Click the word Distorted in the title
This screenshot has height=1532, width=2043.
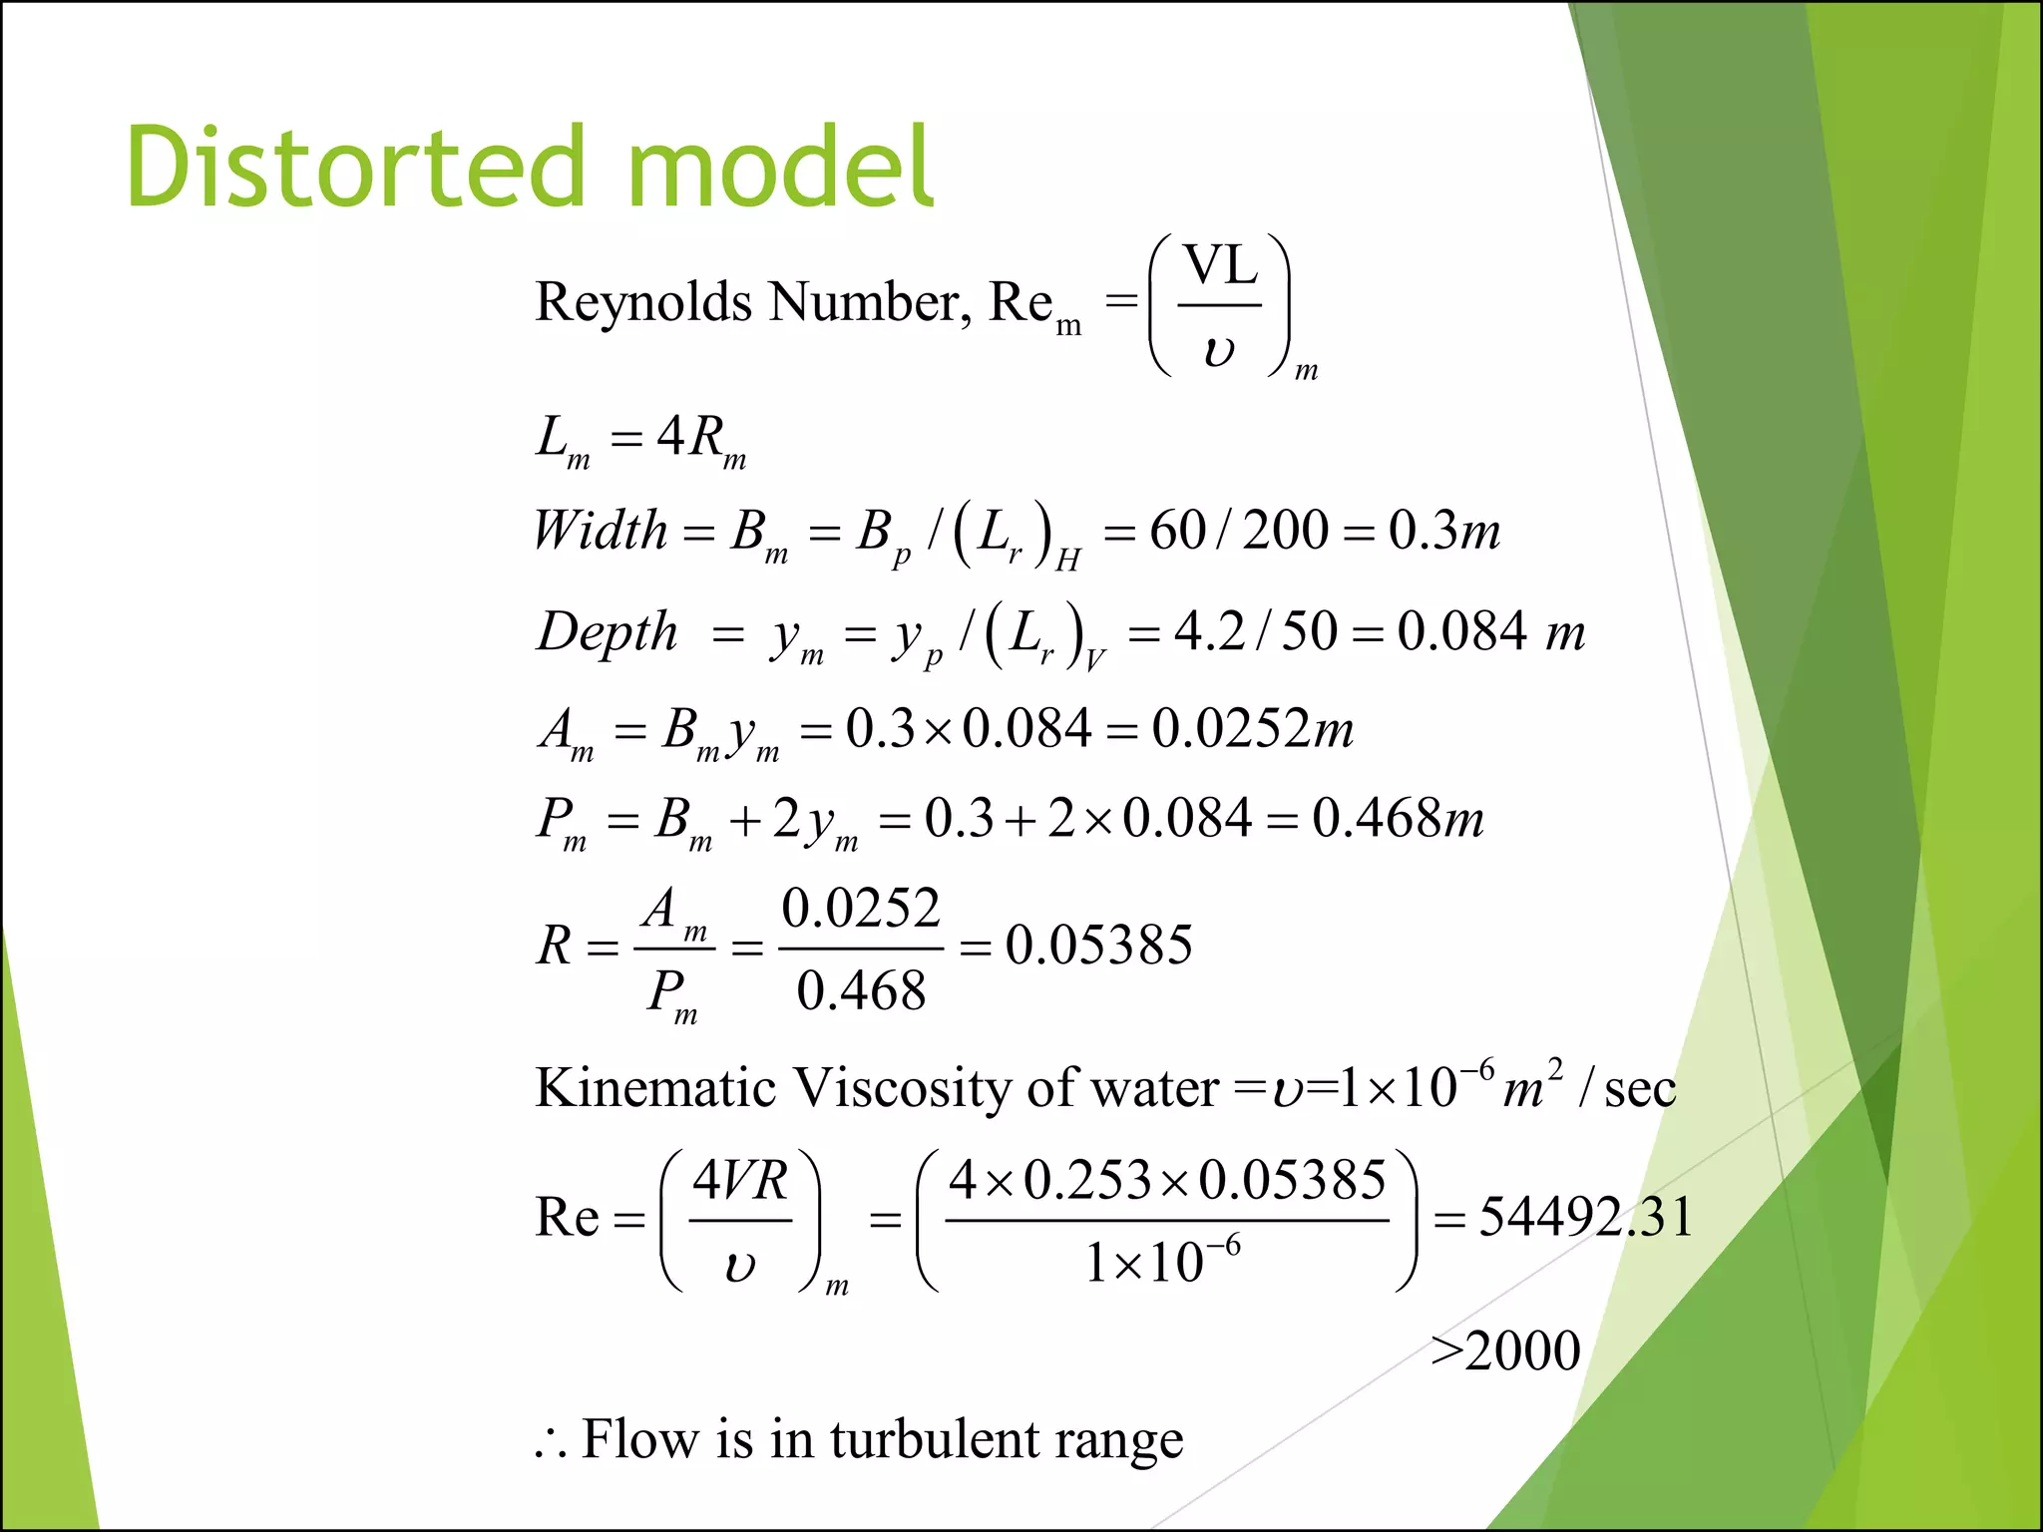(354, 167)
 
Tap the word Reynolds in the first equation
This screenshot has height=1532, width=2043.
(642, 301)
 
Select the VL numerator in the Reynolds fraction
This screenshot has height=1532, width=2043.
(1220, 267)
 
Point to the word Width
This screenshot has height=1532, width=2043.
(600, 530)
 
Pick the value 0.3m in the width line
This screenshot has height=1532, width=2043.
(1443, 530)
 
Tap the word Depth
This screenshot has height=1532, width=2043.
(608, 632)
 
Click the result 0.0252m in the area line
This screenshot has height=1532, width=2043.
(1252, 728)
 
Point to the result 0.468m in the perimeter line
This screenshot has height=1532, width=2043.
(1397, 818)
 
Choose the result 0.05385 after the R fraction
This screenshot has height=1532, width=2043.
(1098, 945)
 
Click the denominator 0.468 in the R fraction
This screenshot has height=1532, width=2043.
(861, 990)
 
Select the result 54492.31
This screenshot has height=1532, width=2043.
(1585, 1217)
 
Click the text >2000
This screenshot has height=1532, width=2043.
(1505, 1351)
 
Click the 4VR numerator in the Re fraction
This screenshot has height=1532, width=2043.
(740, 1181)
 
